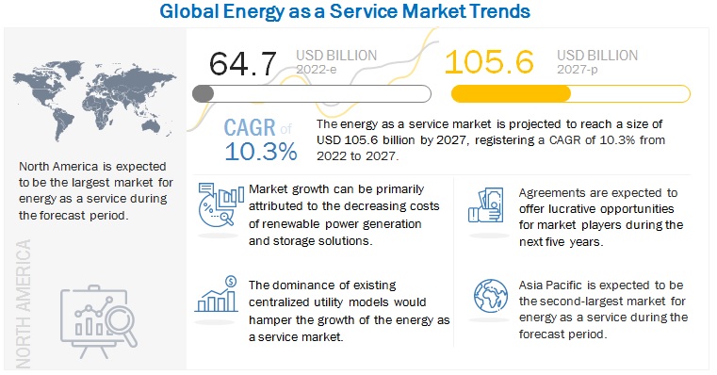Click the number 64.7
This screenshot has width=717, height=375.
pyautogui.click(x=243, y=63)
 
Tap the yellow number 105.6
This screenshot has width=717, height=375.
pyautogui.click(x=489, y=62)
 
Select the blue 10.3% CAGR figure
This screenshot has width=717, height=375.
pyautogui.click(x=261, y=152)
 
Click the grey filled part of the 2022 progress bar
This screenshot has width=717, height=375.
pyautogui.click(x=203, y=94)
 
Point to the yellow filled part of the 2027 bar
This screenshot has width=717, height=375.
pyautogui.click(x=511, y=94)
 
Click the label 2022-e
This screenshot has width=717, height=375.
pyautogui.click(x=316, y=69)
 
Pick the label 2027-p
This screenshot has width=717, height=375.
pyautogui.click(x=577, y=69)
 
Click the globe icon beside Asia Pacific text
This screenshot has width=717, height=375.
pyautogui.click(x=491, y=296)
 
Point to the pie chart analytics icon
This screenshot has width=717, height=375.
pyautogui.click(x=220, y=204)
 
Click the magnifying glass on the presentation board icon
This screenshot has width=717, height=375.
pyautogui.click(x=122, y=323)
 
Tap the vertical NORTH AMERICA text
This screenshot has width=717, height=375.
pyautogui.click(x=23, y=303)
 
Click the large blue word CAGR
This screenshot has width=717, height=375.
pyautogui.click(x=250, y=128)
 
